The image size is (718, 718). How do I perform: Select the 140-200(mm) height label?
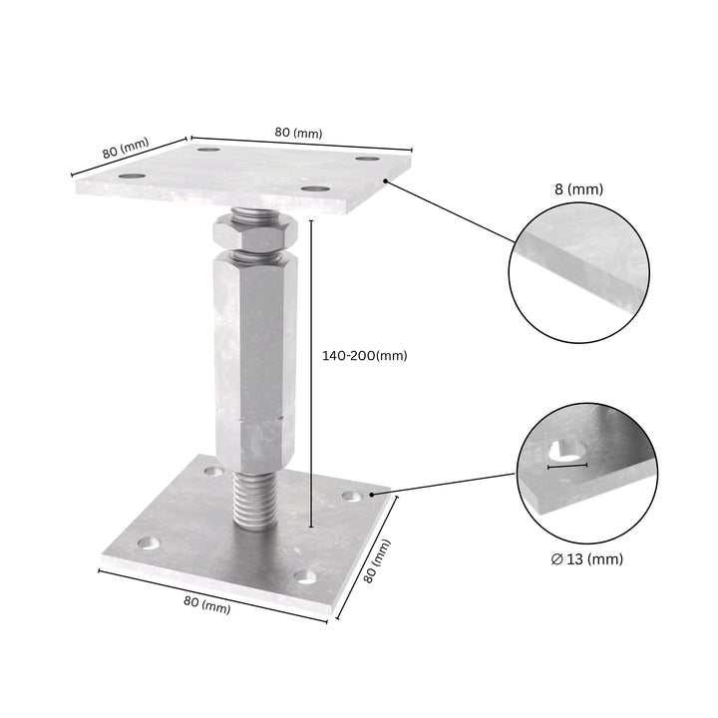click(x=364, y=355)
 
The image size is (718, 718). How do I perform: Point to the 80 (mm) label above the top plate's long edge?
click(x=298, y=133)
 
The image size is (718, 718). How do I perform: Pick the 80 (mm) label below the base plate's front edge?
click(x=206, y=603)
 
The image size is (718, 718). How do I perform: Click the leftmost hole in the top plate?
click(x=131, y=177)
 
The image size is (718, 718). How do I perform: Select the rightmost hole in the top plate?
click(x=368, y=160)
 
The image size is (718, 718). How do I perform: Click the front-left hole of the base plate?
click(x=148, y=543)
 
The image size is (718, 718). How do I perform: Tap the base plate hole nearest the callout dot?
click(x=352, y=496)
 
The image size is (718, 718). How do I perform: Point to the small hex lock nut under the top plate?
click(x=255, y=236)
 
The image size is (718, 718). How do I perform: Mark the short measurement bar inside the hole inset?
click(x=567, y=466)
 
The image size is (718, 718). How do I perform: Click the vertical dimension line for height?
click(x=312, y=373)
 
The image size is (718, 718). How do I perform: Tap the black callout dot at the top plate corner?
click(x=385, y=181)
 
